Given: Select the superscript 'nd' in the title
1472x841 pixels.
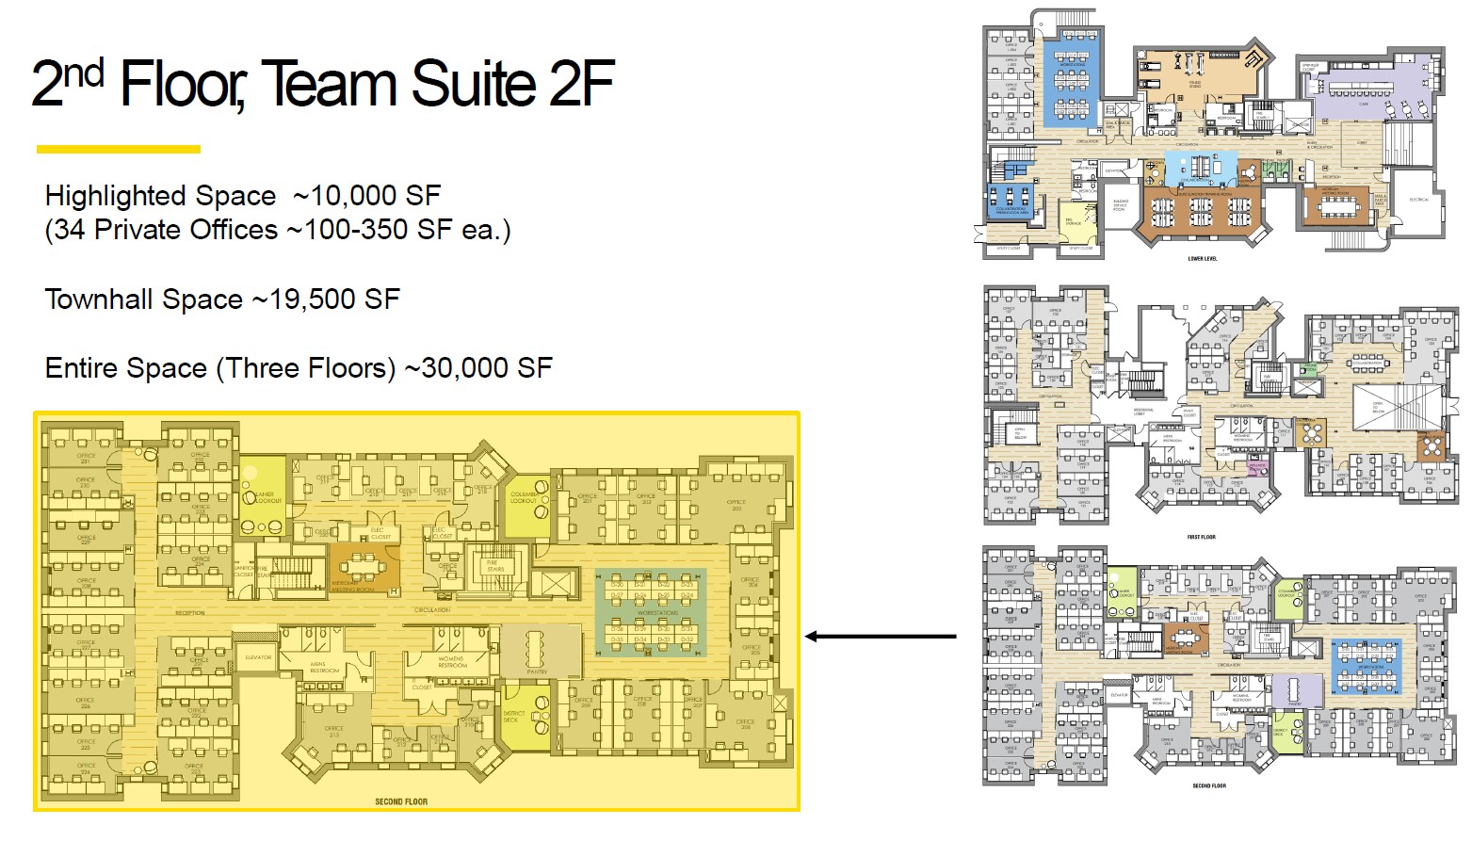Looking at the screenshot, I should pos(83,73).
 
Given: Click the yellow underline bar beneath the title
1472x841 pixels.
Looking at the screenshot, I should pos(119,149).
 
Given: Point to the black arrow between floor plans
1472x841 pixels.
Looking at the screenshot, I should pos(880,637).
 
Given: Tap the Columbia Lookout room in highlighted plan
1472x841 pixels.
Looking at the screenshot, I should pos(526,496).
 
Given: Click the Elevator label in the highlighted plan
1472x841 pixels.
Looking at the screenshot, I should pos(258,657).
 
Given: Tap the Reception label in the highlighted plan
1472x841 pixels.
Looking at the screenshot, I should pos(189,613).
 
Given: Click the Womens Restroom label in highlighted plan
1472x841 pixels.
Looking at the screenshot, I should pos(451,663).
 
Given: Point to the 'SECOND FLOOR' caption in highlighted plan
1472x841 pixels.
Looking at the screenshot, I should pos(401,801).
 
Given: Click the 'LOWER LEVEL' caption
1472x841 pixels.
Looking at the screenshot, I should pos(1202,259).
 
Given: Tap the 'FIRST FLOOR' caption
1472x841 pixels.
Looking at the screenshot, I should pos(1201,537).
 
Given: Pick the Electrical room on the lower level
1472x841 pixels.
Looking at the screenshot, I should pos(1418,200).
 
